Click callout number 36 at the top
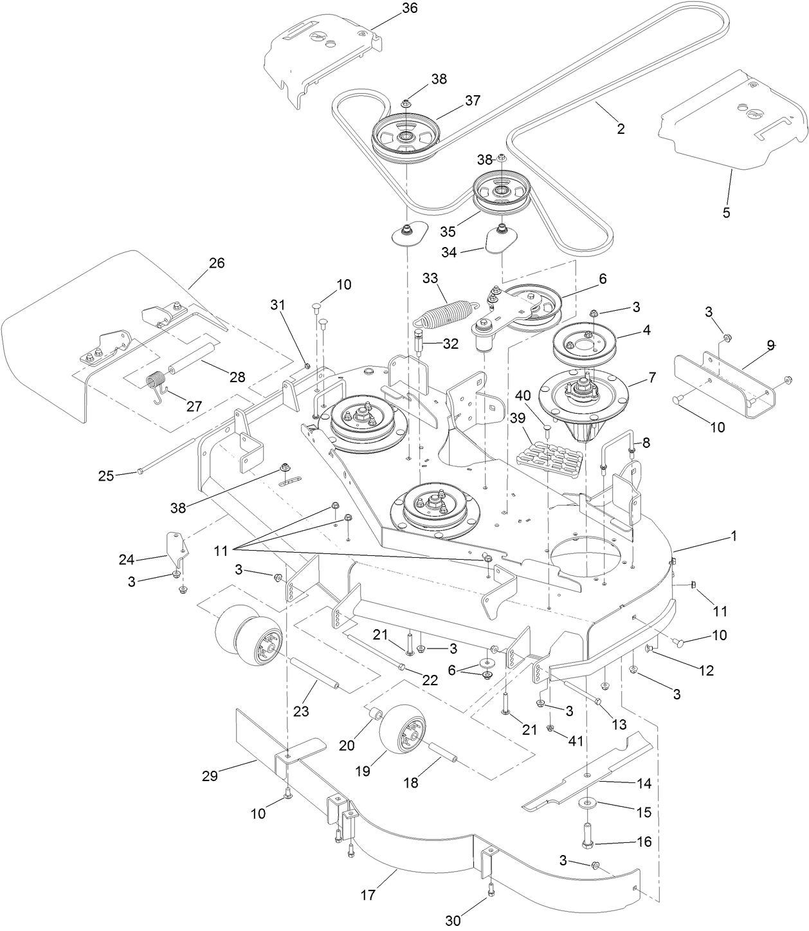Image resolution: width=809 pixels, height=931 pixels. point(409,8)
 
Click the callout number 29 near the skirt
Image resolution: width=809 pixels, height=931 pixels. point(210,776)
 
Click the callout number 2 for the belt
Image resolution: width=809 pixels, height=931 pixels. point(621,129)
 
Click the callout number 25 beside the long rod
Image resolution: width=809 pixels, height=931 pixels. point(105,476)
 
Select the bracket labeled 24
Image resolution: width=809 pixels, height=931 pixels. point(176,546)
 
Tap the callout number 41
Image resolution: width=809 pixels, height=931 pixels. point(575,741)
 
